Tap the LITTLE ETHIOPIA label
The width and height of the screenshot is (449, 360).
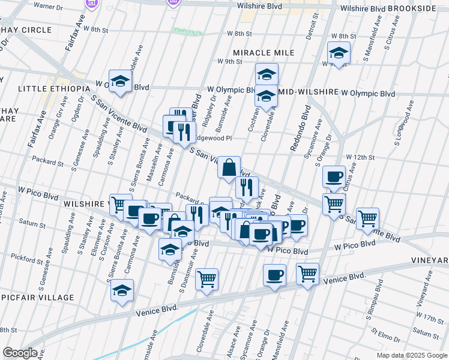click(46, 88)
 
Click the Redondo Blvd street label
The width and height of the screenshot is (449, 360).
click(299, 129)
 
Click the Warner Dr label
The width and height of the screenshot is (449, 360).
click(49, 5)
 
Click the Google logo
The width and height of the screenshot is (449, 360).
click(20, 353)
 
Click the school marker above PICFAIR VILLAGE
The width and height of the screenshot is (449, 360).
click(122, 290)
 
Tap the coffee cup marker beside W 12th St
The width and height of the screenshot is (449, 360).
click(334, 176)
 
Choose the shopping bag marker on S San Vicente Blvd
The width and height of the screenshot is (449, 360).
click(229, 168)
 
